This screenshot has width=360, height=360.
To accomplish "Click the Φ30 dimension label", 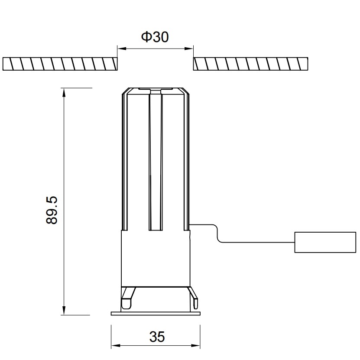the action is (x=155, y=37).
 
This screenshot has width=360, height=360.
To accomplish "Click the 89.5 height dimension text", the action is (x=52, y=210).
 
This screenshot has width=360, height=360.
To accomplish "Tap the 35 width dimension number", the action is (x=157, y=337).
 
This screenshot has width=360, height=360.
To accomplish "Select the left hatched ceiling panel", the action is (x=60, y=64).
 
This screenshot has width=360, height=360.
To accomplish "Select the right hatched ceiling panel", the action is (x=250, y=64).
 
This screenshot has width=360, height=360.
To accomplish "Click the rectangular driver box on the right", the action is (x=325, y=242).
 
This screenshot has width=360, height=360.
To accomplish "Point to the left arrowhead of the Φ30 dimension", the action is (x=122, y=49).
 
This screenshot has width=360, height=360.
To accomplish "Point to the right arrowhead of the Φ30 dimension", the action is (x=189, y=49).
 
